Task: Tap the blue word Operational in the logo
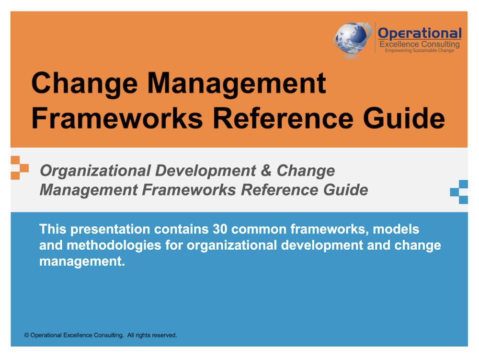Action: coord(420,33)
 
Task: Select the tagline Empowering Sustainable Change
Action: coord(420,50)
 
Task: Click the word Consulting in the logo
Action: coord(441,44)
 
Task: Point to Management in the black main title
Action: coord(237,84)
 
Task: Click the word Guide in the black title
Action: coord(404,118)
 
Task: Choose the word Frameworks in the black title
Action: coord(117,118)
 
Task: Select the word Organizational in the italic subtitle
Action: coord(95,171)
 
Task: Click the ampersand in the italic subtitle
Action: coord(266,171)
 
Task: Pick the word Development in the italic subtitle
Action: coord(205,171)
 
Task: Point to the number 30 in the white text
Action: coord(220,229)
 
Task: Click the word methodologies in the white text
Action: coord(114,245)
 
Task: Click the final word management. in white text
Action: coord(82,262)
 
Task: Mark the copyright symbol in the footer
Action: coord(26,335)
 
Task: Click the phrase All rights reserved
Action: coord(152,335)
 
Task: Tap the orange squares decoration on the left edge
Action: coord(20,168)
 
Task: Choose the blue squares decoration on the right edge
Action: coord(459,192)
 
